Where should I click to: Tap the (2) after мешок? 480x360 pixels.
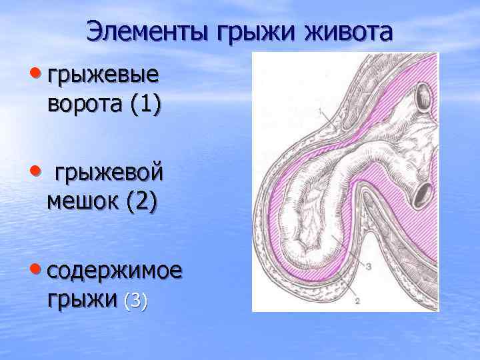pos(141,203)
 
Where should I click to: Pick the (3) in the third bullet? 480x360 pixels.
pos(135,301)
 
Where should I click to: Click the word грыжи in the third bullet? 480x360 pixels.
pos(83,301)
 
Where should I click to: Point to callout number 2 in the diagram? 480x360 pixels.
pos(358,301)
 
